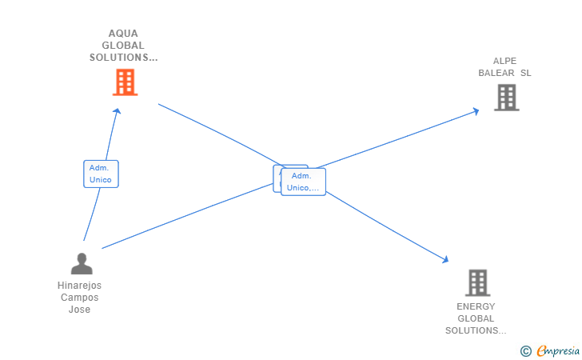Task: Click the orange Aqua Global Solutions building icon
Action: tap(125, 82)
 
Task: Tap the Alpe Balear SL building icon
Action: tap(506, 97)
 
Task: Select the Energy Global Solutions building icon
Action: tap(476, 282)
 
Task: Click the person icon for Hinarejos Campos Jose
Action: tap(81, 263)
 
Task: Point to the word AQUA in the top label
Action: tap(123, 34)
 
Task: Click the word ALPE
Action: tap(504, 61)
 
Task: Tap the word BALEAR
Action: tap(496, 73)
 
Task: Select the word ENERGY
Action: tap(476, 306)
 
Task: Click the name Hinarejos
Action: tap(79, 286)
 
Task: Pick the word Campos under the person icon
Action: tap(79, 298)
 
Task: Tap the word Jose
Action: tap(79, 310)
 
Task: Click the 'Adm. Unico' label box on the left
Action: tap(101, 174)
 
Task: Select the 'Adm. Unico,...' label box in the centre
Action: tap(303, 182)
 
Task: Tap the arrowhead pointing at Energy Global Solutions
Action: tap(445, 259)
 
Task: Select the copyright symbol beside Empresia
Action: tap(525, 350)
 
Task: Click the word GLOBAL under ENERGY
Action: tap(476, 318)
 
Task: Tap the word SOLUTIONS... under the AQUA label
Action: tap(124, 58)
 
